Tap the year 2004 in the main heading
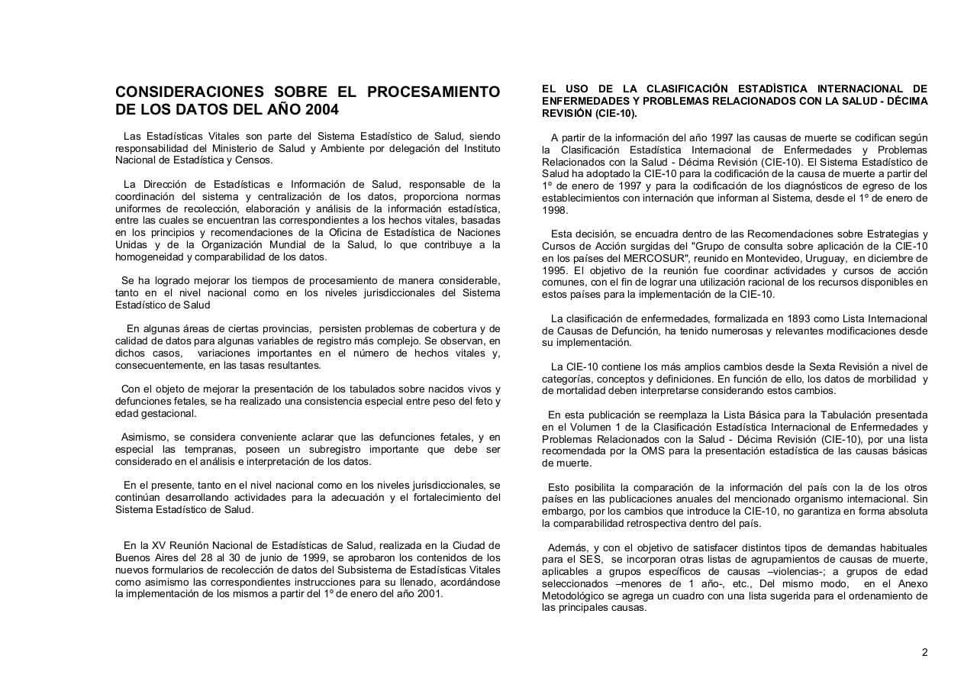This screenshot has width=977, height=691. pos(321,110)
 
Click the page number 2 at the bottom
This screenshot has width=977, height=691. pos(924,652)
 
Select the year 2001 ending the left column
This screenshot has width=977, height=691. pos(429,593)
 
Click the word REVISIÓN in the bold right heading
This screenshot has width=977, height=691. pos(567,113)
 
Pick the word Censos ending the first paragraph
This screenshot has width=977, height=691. pos(254,160)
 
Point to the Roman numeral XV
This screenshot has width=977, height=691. pos(158,545)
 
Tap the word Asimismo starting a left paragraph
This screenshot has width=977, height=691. pos(143,438)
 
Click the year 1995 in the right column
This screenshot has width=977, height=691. pos(554,270)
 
